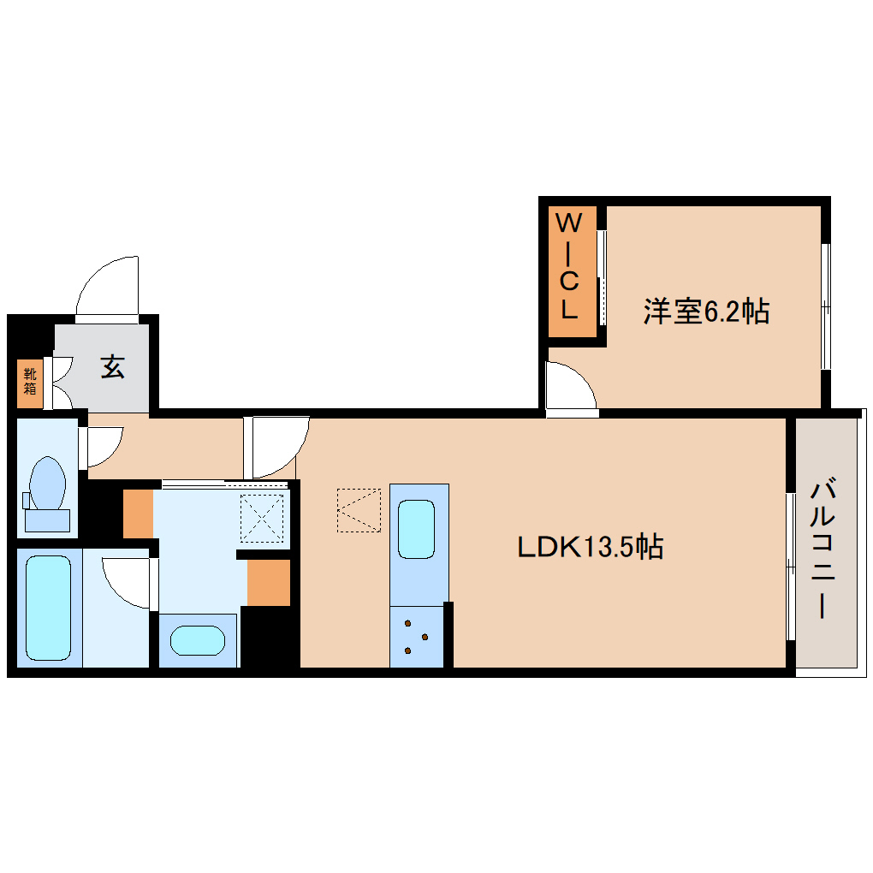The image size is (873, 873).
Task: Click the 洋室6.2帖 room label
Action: [706, 312]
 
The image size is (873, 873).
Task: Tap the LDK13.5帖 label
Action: [590, 546]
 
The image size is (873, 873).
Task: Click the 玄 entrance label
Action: [112, 367]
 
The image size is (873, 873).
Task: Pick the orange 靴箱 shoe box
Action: [30, 382]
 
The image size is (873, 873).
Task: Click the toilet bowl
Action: [47, 486]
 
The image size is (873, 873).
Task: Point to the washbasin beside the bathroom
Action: [197, 639]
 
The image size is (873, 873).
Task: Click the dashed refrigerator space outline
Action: [359, 510]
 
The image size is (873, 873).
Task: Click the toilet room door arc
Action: [104, 444]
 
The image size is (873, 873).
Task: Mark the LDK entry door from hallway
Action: [276, 446]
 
